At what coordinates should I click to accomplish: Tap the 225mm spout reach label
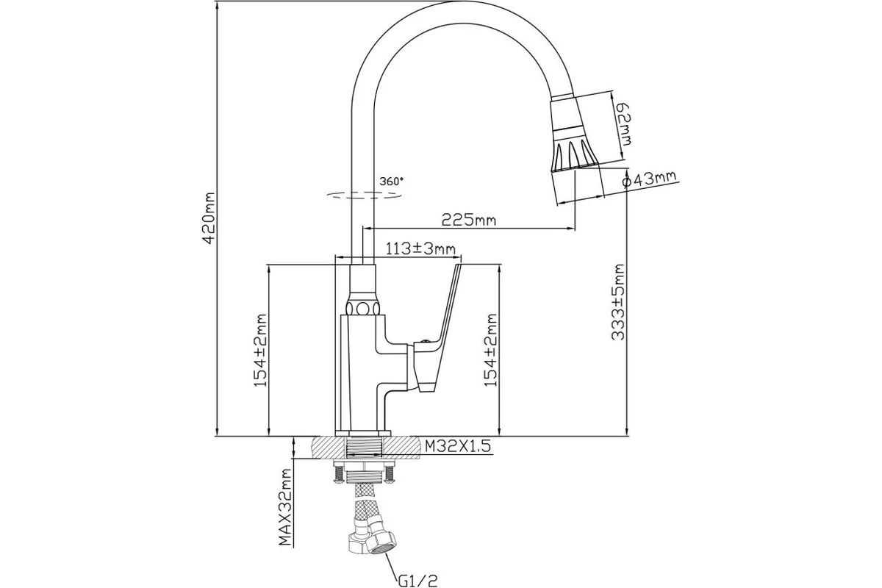[x=468, y=219]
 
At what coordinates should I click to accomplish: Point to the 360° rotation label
[x=392, y=181]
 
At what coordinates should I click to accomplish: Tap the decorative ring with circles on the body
[x=363, y=307]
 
